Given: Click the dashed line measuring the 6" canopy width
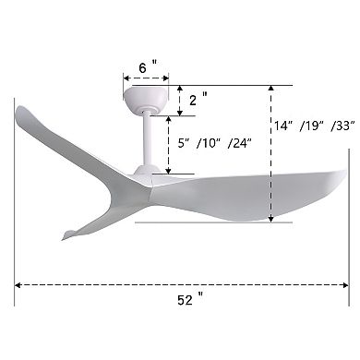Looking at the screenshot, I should click(x=148, y=79).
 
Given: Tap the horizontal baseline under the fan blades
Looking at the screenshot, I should click(x=212, y=222).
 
